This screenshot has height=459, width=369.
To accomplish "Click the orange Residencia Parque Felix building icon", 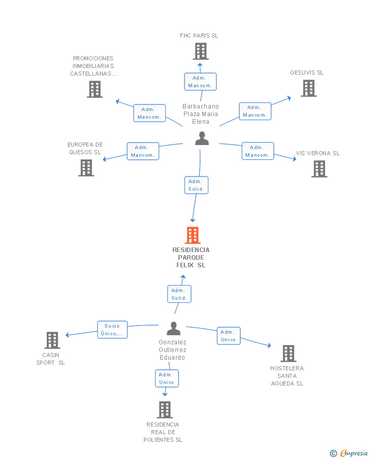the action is (193, 235).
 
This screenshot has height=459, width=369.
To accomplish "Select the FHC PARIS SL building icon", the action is (201, 51).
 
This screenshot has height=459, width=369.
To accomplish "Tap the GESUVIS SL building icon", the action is (309, 88).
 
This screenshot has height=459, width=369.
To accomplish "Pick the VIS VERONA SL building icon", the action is (319, 169).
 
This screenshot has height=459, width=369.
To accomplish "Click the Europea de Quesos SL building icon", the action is (86, 168).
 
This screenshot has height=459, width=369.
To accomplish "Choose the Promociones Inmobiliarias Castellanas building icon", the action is (95, 89).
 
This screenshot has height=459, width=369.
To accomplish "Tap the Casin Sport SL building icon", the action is (52, 340).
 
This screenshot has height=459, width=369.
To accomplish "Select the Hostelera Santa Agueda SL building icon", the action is (288, 354).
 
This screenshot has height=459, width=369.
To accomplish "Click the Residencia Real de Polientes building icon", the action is (165, 409).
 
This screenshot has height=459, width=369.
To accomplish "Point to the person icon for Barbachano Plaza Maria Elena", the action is (202, 138).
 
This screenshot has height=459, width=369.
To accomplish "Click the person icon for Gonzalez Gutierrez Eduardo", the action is (173, 328).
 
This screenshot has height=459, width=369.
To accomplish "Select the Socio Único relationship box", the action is (113, 330).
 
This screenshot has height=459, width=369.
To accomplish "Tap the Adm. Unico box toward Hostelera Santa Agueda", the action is (229, 336).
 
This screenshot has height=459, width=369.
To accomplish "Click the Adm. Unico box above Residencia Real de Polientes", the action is (167, 378).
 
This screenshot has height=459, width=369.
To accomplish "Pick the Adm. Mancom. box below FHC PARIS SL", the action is (200, 82).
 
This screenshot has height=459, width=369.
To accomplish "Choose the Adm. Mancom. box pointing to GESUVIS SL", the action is (255, 111).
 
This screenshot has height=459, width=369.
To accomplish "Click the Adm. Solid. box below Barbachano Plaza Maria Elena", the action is (196, 185).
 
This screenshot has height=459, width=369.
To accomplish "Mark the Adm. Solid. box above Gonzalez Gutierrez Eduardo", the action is (179, 294).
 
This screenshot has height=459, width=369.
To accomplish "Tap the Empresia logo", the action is (349, 453).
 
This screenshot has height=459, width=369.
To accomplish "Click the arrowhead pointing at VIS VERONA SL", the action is (294, 159).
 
